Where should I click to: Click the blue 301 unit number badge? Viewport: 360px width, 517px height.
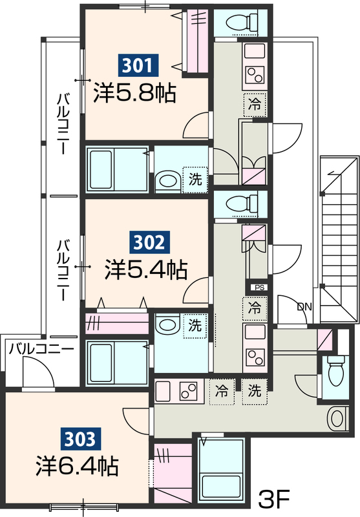138,65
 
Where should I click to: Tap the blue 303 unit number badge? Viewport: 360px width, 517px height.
82,439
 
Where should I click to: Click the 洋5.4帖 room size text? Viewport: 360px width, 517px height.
147,269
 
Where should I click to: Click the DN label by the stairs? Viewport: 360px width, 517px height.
304,306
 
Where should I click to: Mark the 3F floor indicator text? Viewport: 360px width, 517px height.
275,498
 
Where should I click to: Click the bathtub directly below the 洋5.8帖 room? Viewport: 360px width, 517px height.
116,169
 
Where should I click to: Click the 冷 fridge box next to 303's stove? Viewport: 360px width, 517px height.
222,391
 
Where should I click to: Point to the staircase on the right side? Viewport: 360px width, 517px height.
338,239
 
